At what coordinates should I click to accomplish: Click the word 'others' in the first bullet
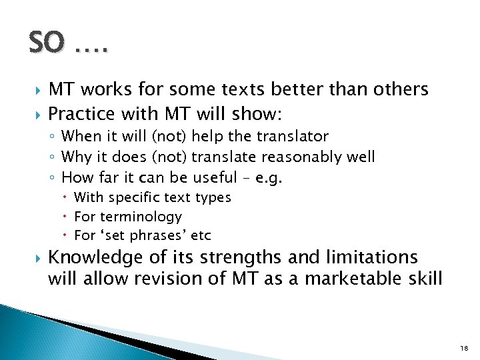[x=399, y=89]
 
